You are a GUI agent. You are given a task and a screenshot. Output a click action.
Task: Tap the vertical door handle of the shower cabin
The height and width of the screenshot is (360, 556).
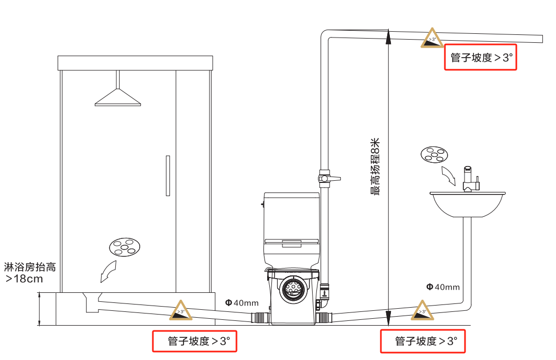168,176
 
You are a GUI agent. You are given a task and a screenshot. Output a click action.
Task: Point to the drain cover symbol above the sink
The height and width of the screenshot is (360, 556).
434,154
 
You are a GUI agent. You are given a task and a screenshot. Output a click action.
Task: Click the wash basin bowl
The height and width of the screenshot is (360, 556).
466,205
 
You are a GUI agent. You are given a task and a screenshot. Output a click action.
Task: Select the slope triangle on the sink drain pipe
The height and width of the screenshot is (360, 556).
422,310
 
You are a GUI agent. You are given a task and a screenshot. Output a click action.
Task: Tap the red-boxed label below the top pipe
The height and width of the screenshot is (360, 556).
480,58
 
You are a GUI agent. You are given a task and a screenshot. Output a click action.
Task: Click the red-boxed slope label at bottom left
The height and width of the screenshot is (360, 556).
194,341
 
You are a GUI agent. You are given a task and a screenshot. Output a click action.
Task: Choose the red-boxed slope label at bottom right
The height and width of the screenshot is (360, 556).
423,341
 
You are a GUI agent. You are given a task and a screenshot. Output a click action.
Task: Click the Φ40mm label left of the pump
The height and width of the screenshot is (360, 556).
241,303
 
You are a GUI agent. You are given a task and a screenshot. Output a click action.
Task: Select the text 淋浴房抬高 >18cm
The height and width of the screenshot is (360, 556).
29,273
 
